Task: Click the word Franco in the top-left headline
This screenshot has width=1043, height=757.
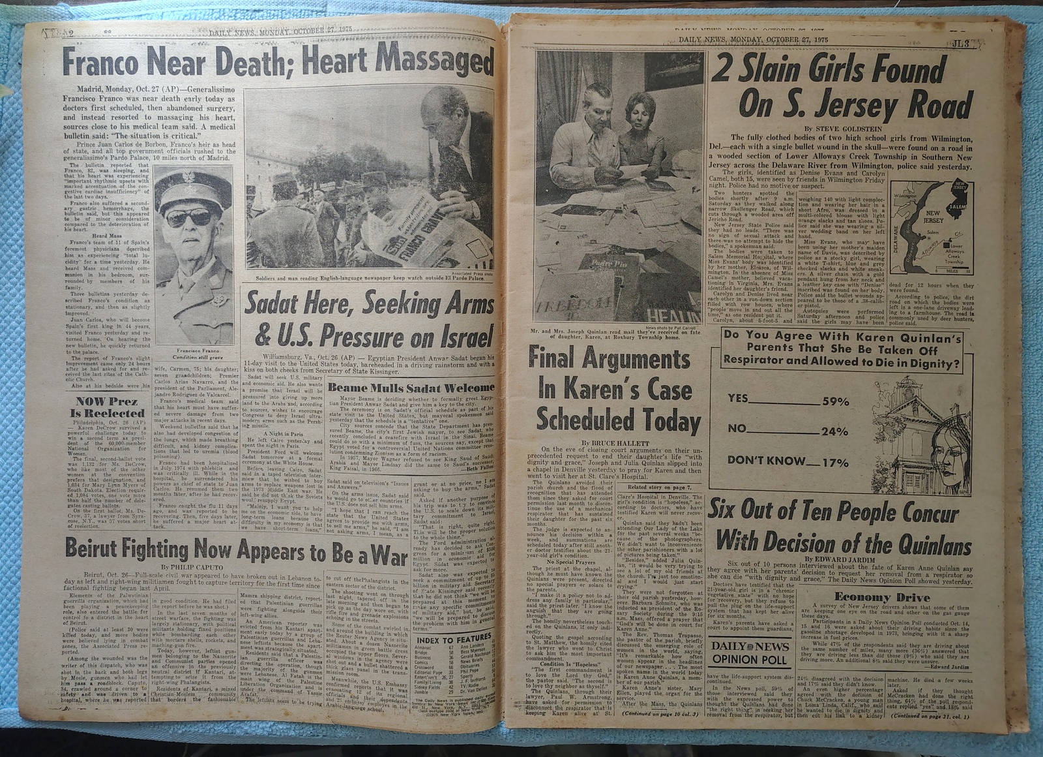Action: tap(100, 63)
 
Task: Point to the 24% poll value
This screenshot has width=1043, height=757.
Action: tap(834, 431)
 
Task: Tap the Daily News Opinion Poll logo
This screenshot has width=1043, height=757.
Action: tap(750, 652)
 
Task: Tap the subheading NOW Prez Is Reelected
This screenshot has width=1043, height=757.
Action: tap(110, 407)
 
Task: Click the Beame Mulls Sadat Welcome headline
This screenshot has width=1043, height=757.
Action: tap(411, 388)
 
